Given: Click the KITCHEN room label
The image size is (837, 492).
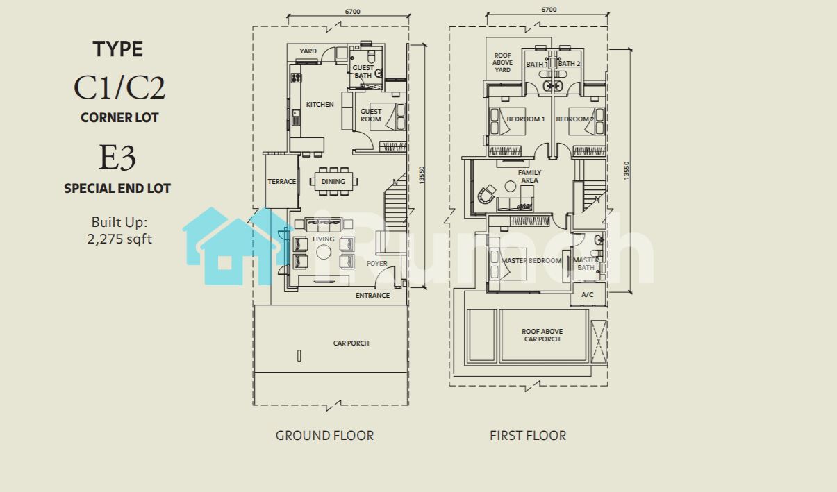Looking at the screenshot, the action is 320,105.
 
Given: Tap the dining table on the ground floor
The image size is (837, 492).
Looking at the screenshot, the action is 333,181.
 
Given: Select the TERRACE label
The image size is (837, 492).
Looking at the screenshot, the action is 282,181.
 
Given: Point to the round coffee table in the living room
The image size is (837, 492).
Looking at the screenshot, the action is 324,253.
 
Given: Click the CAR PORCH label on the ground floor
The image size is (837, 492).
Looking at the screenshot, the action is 351,343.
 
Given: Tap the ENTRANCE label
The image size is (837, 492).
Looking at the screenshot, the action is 372,296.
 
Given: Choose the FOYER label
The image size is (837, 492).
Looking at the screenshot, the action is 376,264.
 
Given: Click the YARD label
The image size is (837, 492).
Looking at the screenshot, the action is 308,51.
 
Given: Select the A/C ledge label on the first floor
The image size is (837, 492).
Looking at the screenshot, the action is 588,295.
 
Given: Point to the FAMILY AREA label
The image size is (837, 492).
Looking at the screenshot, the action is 529,176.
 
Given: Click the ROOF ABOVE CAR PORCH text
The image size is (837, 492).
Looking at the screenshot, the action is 542,335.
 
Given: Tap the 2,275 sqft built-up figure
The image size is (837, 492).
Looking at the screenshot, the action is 119,239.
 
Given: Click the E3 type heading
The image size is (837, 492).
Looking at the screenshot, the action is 117,158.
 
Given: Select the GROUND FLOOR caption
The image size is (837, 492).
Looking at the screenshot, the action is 324,436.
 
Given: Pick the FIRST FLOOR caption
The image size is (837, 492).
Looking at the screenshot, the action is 528,436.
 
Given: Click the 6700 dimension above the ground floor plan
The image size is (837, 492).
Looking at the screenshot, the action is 352,12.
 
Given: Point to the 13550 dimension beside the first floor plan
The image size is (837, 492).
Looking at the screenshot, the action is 627,171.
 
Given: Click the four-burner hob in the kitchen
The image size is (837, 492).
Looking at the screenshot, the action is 297,78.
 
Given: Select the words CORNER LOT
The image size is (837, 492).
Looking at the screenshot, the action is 119,117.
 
